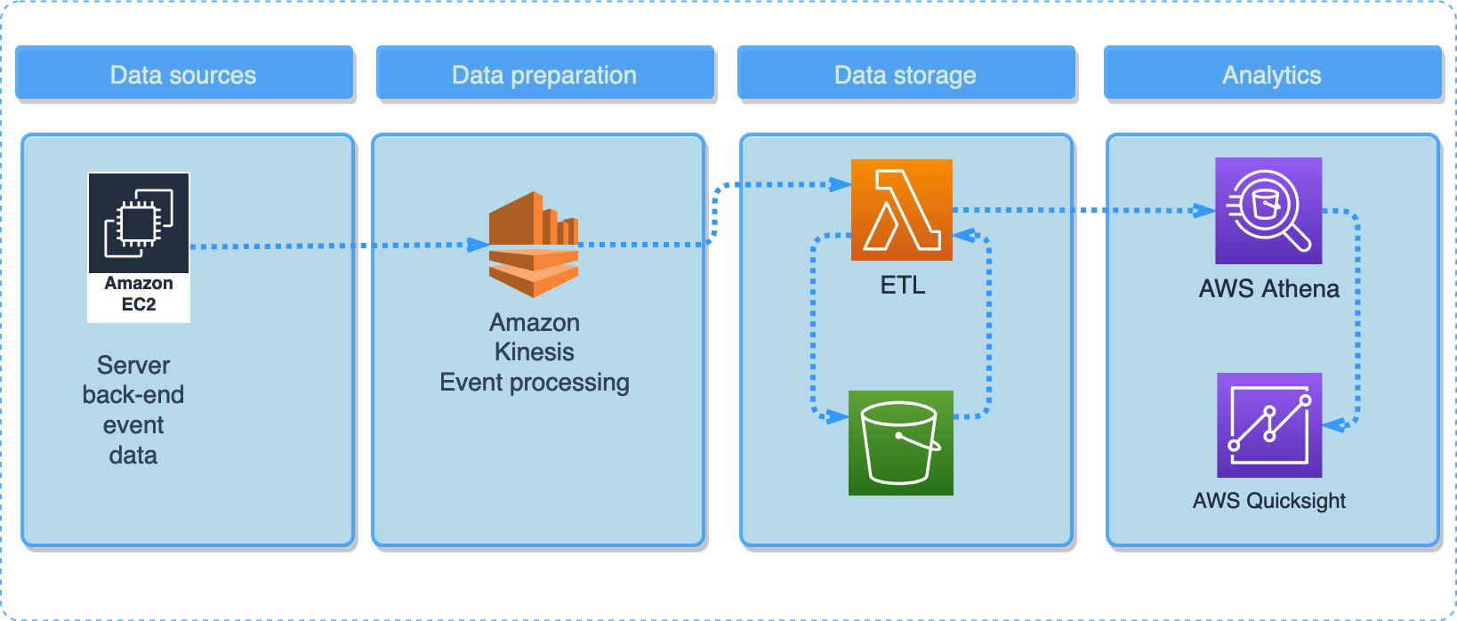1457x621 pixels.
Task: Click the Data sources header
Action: coord(183,75)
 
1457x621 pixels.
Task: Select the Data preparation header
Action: coord(544,75)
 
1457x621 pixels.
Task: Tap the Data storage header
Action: coord(906,75)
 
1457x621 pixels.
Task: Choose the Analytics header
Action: coord(1272,75)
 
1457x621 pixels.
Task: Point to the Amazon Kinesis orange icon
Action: coord(534,245)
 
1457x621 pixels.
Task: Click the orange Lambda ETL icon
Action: coord(902,210)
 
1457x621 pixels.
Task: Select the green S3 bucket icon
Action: coord(901,443)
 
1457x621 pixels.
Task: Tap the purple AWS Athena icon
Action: coord(1268,211)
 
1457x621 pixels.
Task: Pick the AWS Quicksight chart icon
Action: coord(1269,425)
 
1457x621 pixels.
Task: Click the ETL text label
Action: coord(903,286)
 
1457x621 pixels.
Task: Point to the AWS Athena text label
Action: coord(1268,289)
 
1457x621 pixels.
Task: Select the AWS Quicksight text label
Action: coord(1268,501)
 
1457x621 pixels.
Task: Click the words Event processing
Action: coord(534,383)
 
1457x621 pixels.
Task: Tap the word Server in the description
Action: coord(133,366)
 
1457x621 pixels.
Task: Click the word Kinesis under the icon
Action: coord(534,352)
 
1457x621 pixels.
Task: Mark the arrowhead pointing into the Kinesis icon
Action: coord(479,245)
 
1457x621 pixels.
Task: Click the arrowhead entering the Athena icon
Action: coord(1204,211)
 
